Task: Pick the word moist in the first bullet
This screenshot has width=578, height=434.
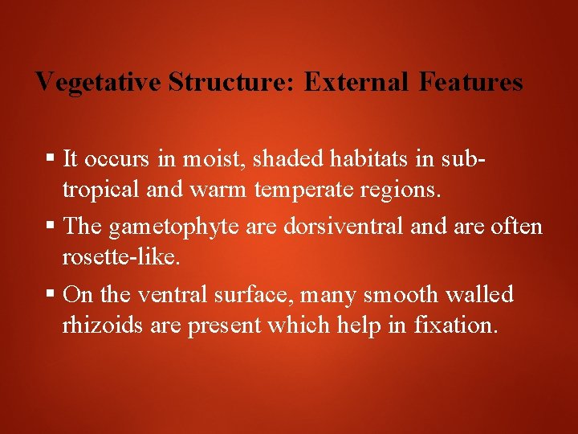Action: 214,159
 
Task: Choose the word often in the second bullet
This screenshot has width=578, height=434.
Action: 515,227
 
